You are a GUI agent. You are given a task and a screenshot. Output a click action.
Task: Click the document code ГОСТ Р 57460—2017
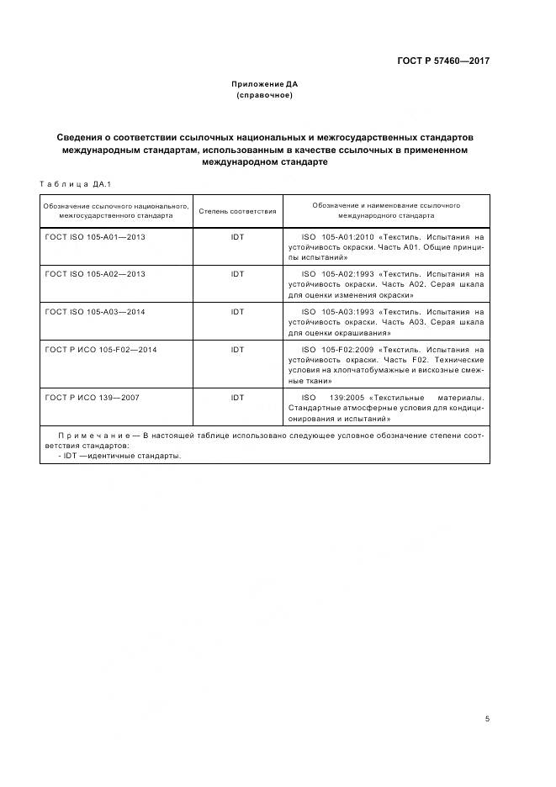click(443, 61)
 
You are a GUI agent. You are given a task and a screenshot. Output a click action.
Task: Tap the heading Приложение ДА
click(265, 84)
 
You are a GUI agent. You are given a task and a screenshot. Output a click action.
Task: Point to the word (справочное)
click(265, 95)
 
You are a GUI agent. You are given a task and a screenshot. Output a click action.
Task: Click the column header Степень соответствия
click(237, 210)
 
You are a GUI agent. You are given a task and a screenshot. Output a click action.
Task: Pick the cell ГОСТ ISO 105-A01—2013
click(95, 237)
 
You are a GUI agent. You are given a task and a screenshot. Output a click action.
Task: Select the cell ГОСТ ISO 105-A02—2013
click(95, 274)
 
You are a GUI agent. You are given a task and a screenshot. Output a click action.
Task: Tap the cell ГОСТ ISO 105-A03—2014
click(95, 312)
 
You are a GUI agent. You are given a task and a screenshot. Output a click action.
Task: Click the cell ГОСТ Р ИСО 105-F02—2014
click(101, 349)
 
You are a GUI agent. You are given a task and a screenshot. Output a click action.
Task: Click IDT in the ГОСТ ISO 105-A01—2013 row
click(237, 237)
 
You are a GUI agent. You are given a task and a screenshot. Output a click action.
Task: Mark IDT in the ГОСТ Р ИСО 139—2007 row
click(237, 397)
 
